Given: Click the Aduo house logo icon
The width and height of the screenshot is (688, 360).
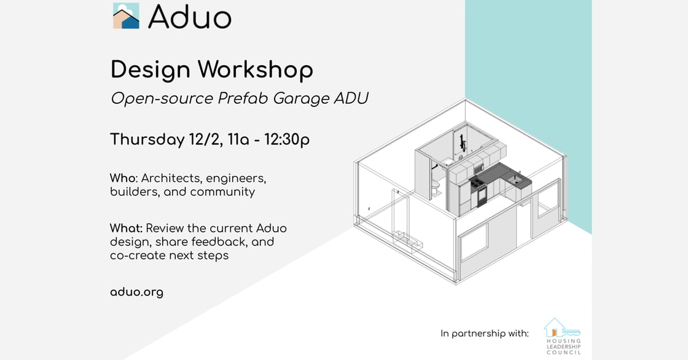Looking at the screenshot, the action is pos(126,16).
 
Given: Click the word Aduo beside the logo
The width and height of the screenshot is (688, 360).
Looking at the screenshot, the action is pos(190,17).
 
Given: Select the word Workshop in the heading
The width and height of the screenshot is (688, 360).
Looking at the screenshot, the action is pos(256,70).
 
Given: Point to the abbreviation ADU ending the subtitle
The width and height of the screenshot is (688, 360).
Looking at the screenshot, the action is pos(351,98).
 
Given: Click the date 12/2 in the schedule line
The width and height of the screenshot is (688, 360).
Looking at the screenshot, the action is pos(205,139).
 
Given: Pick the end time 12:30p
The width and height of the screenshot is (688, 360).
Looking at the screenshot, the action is pos(287,139).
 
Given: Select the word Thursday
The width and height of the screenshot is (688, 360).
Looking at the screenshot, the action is pos(147,140).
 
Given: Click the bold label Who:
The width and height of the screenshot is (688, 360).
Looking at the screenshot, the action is pos(124,178).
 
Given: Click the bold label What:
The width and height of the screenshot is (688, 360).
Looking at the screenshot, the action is pos(127,229).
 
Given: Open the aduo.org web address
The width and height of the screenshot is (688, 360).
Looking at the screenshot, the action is pos(136,292).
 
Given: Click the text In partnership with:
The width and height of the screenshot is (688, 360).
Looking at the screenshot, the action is pos(485,334).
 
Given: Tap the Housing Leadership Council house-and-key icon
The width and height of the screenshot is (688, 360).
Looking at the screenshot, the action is pos(562,327).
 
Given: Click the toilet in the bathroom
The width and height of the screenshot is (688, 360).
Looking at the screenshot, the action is pos(435,187).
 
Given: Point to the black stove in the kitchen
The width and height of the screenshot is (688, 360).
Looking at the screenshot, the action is pos(479,192).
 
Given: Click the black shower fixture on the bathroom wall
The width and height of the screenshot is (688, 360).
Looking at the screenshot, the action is pos(461,141).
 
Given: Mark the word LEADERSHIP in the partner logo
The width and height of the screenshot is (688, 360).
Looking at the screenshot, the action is pos(564,347).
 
